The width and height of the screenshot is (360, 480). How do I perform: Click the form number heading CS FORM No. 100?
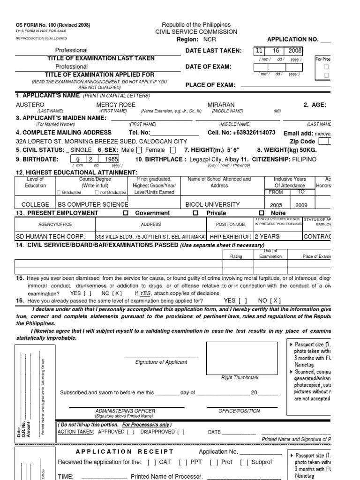(52, 25)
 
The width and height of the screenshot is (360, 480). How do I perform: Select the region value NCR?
(204, 40)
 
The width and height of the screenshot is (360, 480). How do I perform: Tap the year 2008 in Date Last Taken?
(295, 51)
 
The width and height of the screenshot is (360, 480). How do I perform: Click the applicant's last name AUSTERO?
(30, 105)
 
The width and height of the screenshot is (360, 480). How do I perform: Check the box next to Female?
(173, 150)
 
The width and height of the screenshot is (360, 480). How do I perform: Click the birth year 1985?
(111, 159)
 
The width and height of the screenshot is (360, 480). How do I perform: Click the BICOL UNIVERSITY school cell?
(212, 204)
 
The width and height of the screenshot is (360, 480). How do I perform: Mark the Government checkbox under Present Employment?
(125, 213)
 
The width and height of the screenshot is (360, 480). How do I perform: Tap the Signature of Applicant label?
(161, 362)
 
